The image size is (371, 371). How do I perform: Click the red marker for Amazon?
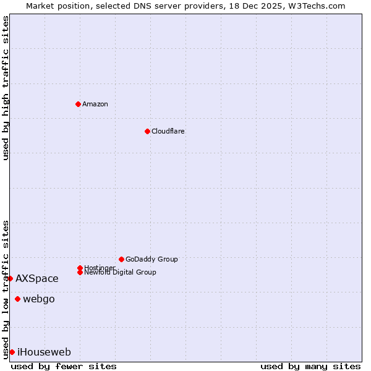[78, 104]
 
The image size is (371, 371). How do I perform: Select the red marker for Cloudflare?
[147, 131]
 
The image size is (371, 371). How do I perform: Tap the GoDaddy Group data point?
[121, 259]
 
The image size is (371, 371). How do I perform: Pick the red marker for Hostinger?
[80, 268]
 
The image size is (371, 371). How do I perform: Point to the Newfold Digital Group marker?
[80, 272]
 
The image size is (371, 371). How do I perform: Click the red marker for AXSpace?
[10, 278]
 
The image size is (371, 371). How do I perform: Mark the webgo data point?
[17, 299]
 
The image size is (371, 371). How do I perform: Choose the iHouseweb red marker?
[12, 352]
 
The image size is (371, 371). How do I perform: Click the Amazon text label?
[95, 104]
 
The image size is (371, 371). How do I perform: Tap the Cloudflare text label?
[168, 131]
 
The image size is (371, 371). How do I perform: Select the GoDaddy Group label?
[151, 259]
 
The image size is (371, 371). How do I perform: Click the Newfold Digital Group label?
[121, 273]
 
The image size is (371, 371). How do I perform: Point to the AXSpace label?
[37, 279]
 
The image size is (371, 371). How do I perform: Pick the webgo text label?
[39, 299]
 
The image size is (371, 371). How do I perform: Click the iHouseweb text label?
[45, 352]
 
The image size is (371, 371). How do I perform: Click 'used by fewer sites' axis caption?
[64, 366]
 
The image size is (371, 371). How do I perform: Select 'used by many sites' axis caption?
[310, 366]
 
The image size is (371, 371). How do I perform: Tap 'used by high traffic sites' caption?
[6, 88]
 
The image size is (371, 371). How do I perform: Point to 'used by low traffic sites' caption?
[6, 289]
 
